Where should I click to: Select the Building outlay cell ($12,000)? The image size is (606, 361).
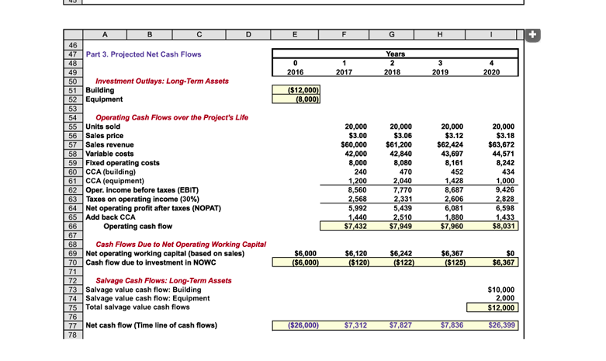tap(295, 90)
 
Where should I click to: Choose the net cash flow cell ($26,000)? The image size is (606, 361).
tap(295, 325)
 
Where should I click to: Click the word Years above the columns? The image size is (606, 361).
tap(396, 54)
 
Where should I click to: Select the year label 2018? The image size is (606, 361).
tap(396, 72)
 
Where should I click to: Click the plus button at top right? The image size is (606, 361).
tap(531, 34)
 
